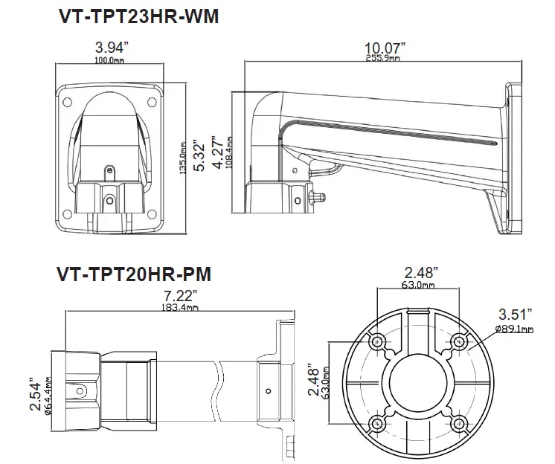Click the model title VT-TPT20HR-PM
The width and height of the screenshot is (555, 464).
pos(133,274)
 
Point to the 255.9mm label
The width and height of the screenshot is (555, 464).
pos(383,58)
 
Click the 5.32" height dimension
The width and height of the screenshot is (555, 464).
pos(199,153)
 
